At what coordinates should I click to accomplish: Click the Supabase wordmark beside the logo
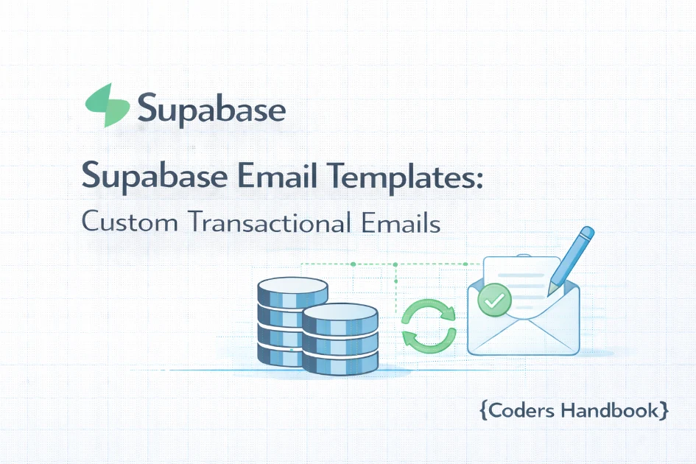point(211,110)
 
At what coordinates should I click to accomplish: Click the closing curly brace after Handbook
point(664,410)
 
